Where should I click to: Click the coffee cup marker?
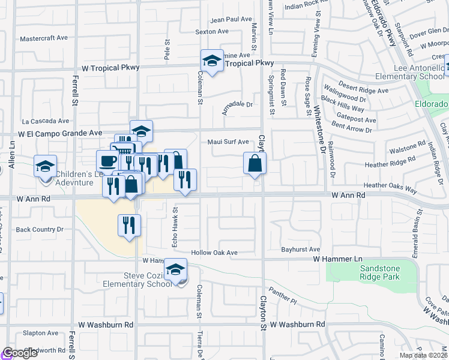click(108, 161)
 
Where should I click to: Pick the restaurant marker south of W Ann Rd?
click(129, 226)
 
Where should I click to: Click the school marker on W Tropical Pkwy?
click(211, 61)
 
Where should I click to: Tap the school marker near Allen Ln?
click(45, 166)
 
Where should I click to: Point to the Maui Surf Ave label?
click(228, 142)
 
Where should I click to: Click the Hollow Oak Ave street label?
click(214, 253)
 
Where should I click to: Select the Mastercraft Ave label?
click(44, 38)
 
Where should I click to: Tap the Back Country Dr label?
click(40, 229)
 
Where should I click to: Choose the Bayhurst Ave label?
click(301, 249)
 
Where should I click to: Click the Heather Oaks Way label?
click(390, 187)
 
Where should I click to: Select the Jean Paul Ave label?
click(231, 19)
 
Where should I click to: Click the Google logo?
click(20, 353)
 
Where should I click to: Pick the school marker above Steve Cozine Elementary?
click(176, 269)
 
